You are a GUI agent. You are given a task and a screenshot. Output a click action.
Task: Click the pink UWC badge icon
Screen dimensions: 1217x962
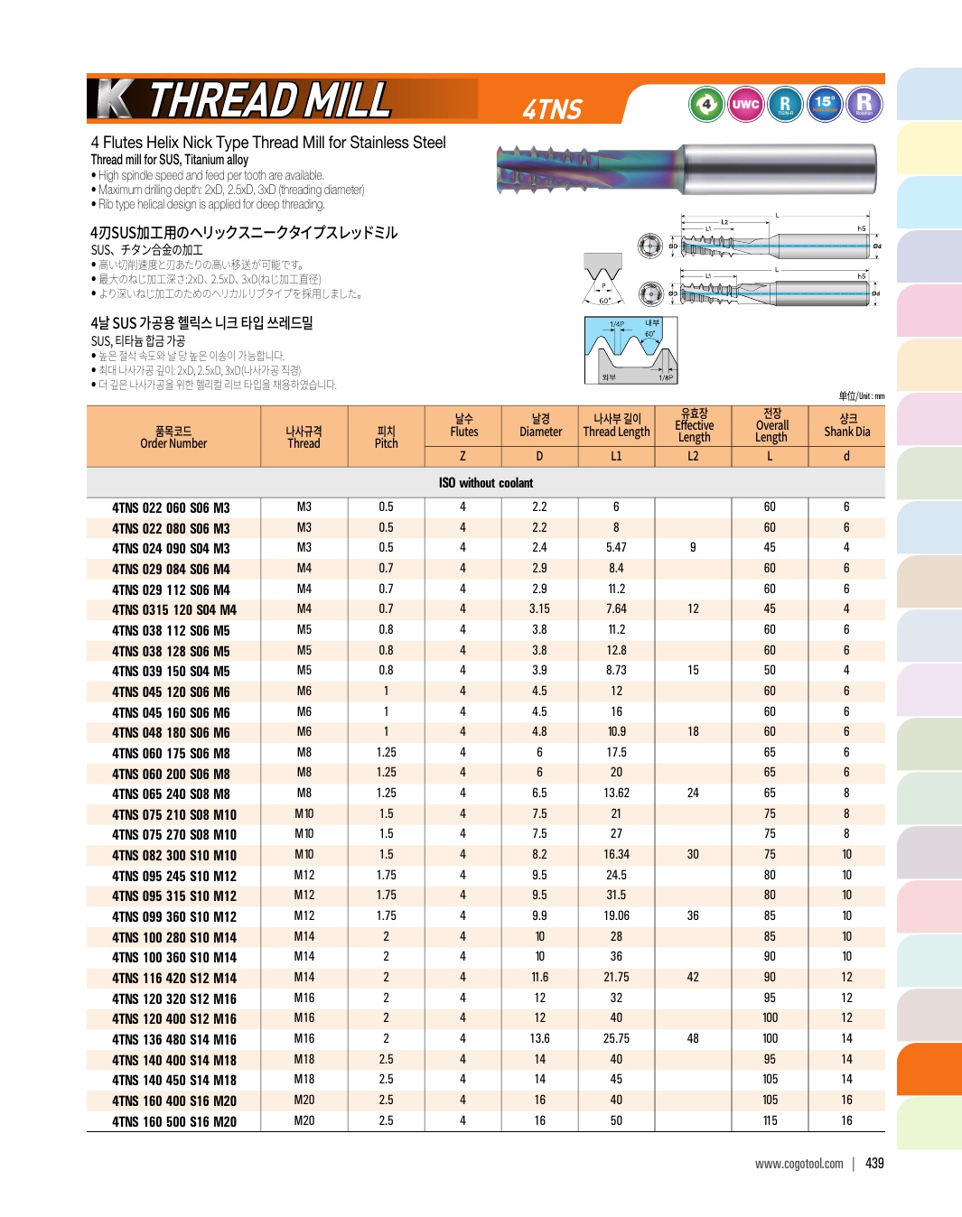pyautogui.click(x=745, y=104)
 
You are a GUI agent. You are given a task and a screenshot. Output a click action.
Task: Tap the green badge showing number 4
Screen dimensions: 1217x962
pyautogui.click(x=706, y=104)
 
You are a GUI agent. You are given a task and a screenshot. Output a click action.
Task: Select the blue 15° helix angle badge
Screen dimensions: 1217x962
pyautogui.click(x=825, y=104)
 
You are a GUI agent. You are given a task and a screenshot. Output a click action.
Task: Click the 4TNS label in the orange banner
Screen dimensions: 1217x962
pyautogui.click(x=553, y=109)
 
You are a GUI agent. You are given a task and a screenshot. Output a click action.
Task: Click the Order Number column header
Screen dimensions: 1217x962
pyautogui.click(x=173, y=437)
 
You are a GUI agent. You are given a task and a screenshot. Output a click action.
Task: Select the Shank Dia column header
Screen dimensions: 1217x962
pyautogui.click(x=846, y=425)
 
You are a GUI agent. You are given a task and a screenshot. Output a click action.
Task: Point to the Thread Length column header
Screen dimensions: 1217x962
pyautogui.click(x=616, y=425)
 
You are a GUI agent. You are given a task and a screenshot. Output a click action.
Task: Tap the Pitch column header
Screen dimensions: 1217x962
pyautogui.click(x=386, y=437)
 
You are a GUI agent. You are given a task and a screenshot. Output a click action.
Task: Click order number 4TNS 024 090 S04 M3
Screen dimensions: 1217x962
pyautogui.click(x=171, y=548)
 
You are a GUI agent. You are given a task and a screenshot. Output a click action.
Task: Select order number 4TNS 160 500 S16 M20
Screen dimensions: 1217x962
pyautogui.click(x=173, y=1121)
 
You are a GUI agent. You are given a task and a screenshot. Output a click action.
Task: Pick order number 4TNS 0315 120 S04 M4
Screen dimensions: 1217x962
pyautogui.click(x=173, y=609)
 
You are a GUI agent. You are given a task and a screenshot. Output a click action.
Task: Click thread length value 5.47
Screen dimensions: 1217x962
pyautogui.click(x=616, y=548)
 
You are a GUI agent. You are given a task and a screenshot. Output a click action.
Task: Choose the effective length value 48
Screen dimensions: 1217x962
pyautogui.click(x=693, y=1038)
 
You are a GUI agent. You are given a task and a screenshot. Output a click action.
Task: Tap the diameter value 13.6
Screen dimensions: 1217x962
pyautogui.click(x=539, y=1038)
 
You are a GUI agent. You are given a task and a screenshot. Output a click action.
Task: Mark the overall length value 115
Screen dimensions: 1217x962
pyautogui.click(x=770, y=1120)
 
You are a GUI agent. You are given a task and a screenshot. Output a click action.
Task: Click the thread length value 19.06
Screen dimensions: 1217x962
pyautogui.click(x=616, y=915)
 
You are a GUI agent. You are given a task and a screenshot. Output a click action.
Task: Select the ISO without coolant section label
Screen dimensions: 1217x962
pyautogui.click(x=486, y=483)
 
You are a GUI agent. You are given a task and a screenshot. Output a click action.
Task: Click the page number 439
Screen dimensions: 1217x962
pyautogui.click(x=874, y=1164)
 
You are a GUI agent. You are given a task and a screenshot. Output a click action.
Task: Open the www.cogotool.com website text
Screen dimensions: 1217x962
pyautogui.click(x=799, y=1164)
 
